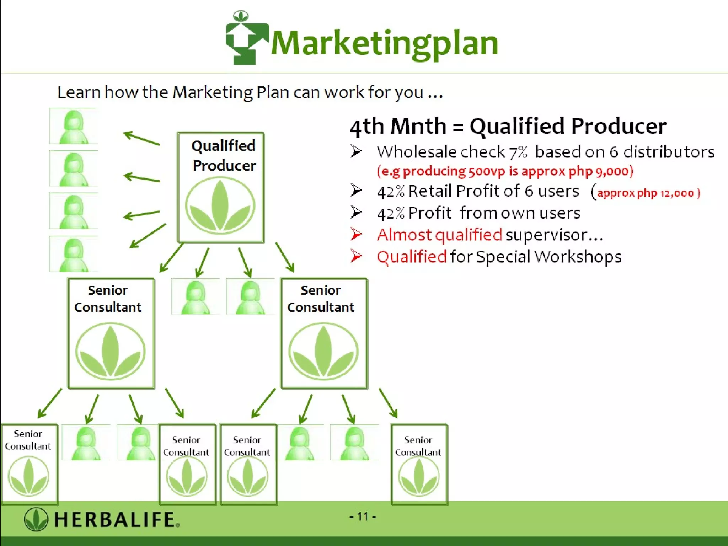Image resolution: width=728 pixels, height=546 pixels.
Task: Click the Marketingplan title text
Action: (x=384, y=43)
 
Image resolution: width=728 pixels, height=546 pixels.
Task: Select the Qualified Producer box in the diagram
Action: (x=221, y=187)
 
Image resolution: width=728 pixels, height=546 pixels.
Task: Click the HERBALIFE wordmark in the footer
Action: (x=116, y=519)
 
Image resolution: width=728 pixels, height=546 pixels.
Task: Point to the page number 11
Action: (x=363, y=516)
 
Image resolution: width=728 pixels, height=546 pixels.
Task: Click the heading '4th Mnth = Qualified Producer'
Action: (x=508, y=126)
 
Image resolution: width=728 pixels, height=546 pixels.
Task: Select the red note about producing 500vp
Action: (x=505, y=171)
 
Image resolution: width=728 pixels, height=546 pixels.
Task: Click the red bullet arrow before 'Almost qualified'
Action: (x=356, y=234)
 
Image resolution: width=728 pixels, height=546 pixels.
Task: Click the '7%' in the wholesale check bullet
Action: (x=518, y=152)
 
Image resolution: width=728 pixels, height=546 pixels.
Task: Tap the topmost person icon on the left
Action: (x=74, y=126)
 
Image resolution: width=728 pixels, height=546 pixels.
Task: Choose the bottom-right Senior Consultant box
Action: (x=419, y=464)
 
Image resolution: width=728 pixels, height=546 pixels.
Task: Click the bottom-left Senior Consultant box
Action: (x=29, y=464)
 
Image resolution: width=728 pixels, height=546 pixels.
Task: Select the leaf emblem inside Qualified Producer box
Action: (x=220, y=205)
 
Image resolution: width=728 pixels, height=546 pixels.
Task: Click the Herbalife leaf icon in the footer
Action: (x=36, y=519)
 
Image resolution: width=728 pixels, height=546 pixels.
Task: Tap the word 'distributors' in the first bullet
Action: (x=669, y=152)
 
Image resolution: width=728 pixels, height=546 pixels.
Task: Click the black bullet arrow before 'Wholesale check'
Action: (x=356, y=151)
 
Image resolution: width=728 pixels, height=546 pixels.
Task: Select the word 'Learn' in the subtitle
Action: (x=79, y=92)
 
